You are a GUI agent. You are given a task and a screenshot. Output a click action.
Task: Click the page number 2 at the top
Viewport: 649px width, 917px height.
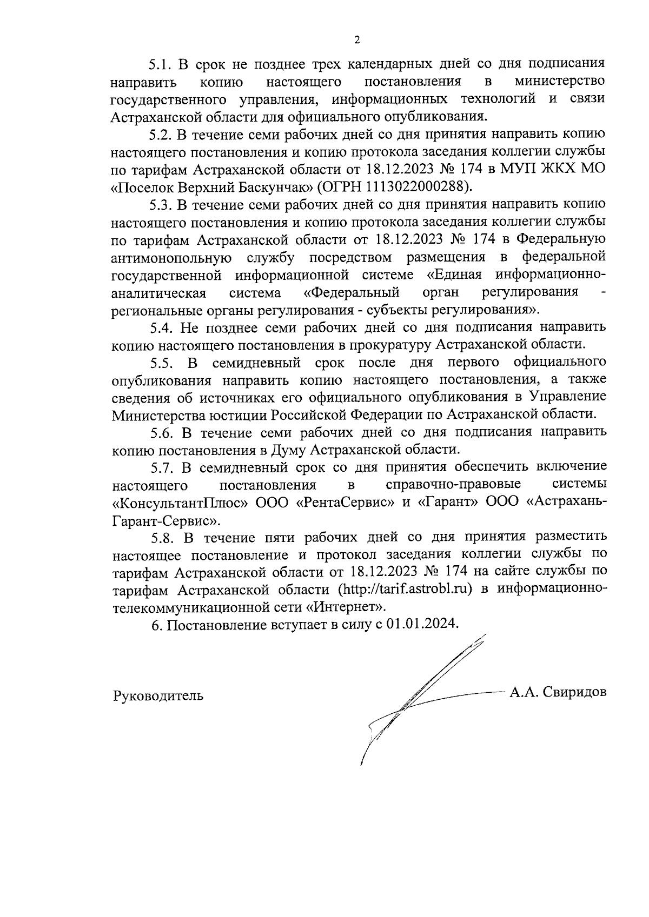pos(356,39)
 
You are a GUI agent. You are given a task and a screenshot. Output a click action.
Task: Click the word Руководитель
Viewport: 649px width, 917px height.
pos(158,695)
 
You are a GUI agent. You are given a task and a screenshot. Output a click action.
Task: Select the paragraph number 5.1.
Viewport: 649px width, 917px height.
pos(160,64)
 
